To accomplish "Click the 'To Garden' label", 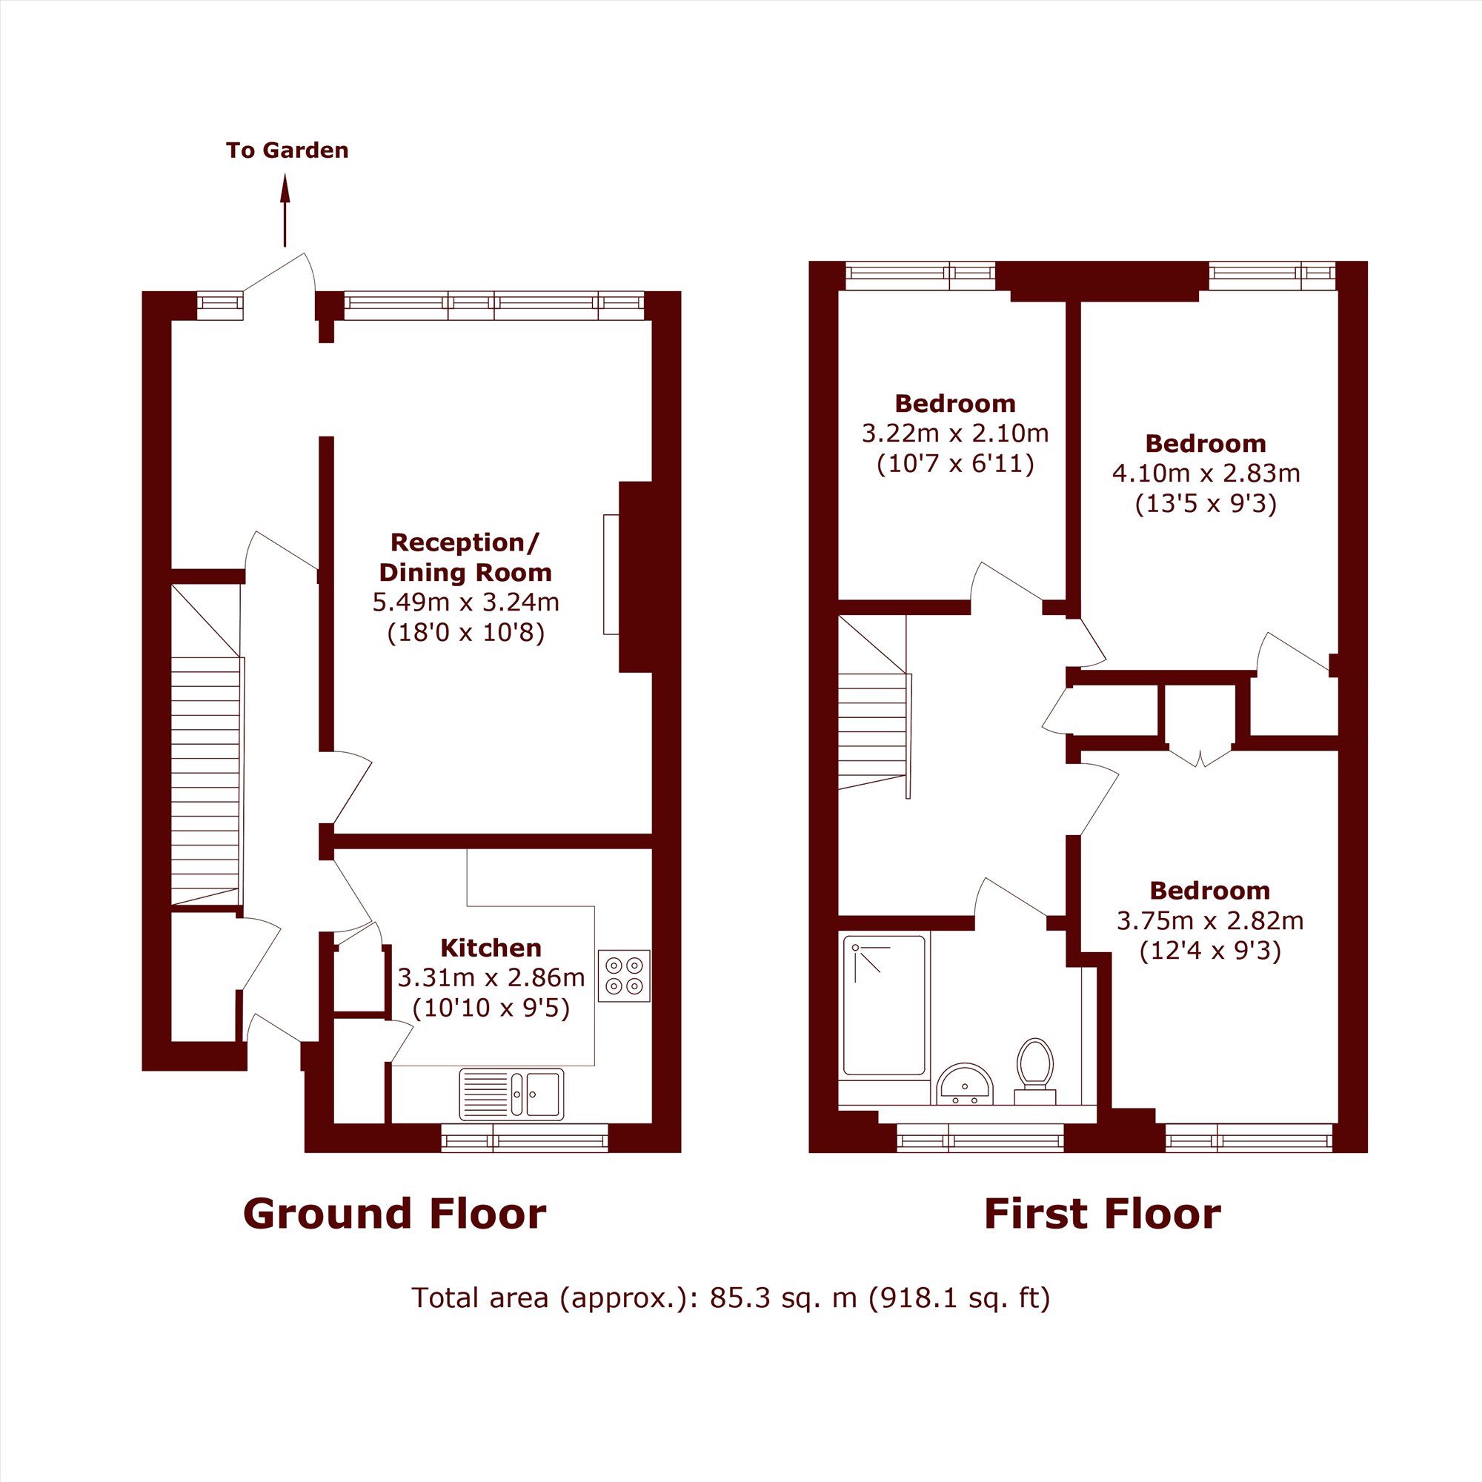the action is (x=287, y=150).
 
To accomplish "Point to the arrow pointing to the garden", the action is (x=285, y=211).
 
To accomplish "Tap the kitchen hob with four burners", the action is (x=624, y=976).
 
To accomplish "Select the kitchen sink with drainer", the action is (x=511, y=1094).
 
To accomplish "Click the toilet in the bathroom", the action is (x=1034, y=1071).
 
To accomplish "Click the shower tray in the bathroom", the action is (x=884, y=1005).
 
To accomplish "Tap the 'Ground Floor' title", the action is (x=394, y=1214).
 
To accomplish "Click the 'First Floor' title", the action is (x=1103, y=1214).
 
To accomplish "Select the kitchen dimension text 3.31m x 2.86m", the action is (x=491, y=977).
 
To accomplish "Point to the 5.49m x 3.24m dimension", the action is (x=465, y=602).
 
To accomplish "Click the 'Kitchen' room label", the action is (x=491, y=948).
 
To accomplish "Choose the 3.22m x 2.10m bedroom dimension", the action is (x=955, y=433).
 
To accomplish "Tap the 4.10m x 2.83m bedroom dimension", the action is (x=1206, y=473).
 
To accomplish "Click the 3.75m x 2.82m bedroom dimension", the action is (x=1210, y=920).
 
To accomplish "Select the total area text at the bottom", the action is (x=731, y=1297).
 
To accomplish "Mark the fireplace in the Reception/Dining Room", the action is (x=635, y=576).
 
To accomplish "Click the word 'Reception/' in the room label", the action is (x=465, y=543).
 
